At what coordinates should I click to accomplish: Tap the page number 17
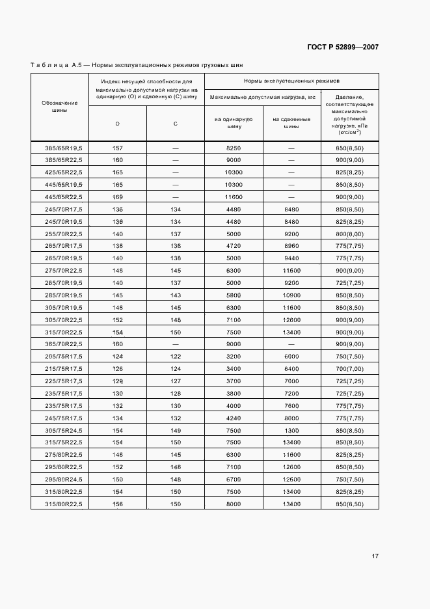(x=375, y=556)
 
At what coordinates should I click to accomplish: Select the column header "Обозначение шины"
(x=59, y=107)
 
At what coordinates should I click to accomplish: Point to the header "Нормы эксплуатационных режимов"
(x=291, y=81)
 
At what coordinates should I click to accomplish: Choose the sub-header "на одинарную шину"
(x=234, y=123)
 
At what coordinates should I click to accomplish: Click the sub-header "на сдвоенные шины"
(x=291, y=123)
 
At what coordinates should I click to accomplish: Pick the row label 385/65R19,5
(x=59, y=148)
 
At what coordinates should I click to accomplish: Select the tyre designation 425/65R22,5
(x=59, y=172)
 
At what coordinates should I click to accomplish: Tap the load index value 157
(x=118, y=148)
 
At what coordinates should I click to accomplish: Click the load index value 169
(x=118, y=196)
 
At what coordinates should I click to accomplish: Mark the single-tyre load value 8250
(x=234, y=148)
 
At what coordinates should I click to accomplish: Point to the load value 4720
(x=234, y=246)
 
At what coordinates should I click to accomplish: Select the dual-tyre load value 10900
(x=291, y=295)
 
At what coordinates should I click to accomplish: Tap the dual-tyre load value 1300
(x=291, y=430)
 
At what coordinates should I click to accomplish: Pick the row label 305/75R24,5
(x=59, y=430)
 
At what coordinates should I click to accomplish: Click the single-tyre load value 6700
(x=234, y=480)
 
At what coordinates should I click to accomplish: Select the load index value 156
(x=118, y=504)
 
